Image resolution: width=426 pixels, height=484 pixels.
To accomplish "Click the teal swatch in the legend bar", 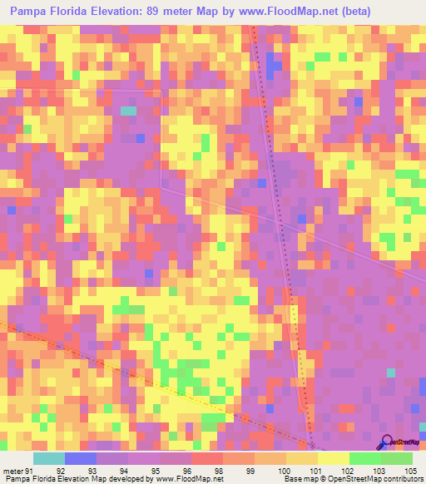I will [49, 458].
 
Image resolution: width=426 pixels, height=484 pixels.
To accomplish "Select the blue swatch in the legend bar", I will [81, 458].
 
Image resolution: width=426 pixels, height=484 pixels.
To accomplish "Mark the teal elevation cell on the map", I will [128, 110].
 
